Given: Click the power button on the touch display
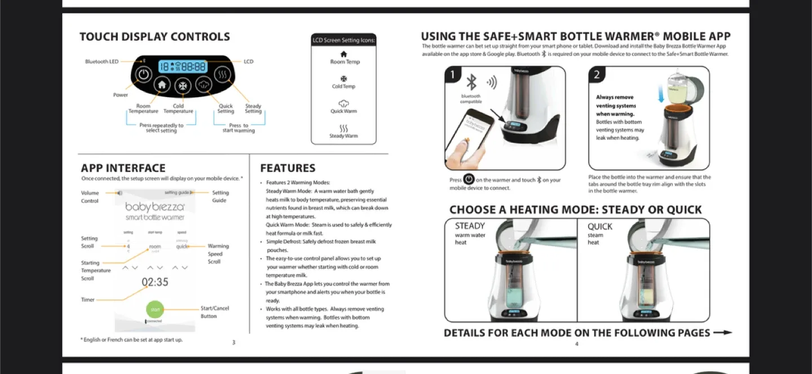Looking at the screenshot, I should tap(144, 74).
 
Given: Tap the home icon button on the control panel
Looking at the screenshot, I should tap(162, 85).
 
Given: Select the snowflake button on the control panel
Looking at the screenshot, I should tap(183, 86).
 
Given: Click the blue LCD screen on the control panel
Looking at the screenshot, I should tap(182, 67).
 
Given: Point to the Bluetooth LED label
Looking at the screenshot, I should tap(101, 61).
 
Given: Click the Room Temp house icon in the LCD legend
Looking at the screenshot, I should tap(344, 54).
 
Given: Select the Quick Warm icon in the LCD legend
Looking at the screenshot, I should tap(344, 104).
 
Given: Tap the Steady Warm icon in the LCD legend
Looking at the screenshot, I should tap(344, 129).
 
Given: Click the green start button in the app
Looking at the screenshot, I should tap(155, 309).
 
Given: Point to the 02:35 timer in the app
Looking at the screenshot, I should tap(155, 282).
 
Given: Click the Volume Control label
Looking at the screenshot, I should tap(90, 197).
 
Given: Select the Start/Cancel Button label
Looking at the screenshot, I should tap(214, 312).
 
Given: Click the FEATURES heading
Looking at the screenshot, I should tap(288, 168).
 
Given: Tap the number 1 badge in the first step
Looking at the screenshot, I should tap(453, 75).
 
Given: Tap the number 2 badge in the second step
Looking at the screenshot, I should tap(597, 75).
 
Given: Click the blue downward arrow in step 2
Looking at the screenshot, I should tap(661, 94).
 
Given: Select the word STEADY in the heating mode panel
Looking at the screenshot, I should tap(470, 226).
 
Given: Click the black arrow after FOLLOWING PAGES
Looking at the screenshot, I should tap(722, 333).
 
